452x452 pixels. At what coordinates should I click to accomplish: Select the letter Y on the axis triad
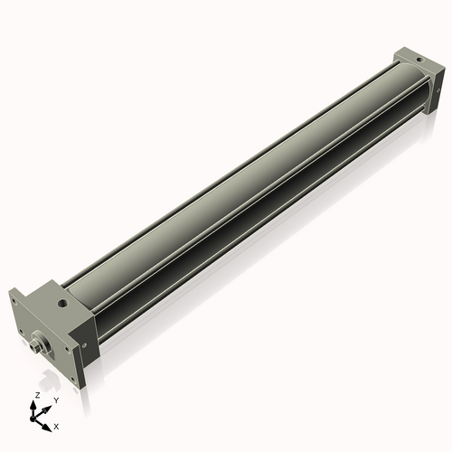point(55,400)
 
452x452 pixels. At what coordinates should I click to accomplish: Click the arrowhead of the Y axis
point(48,406)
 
